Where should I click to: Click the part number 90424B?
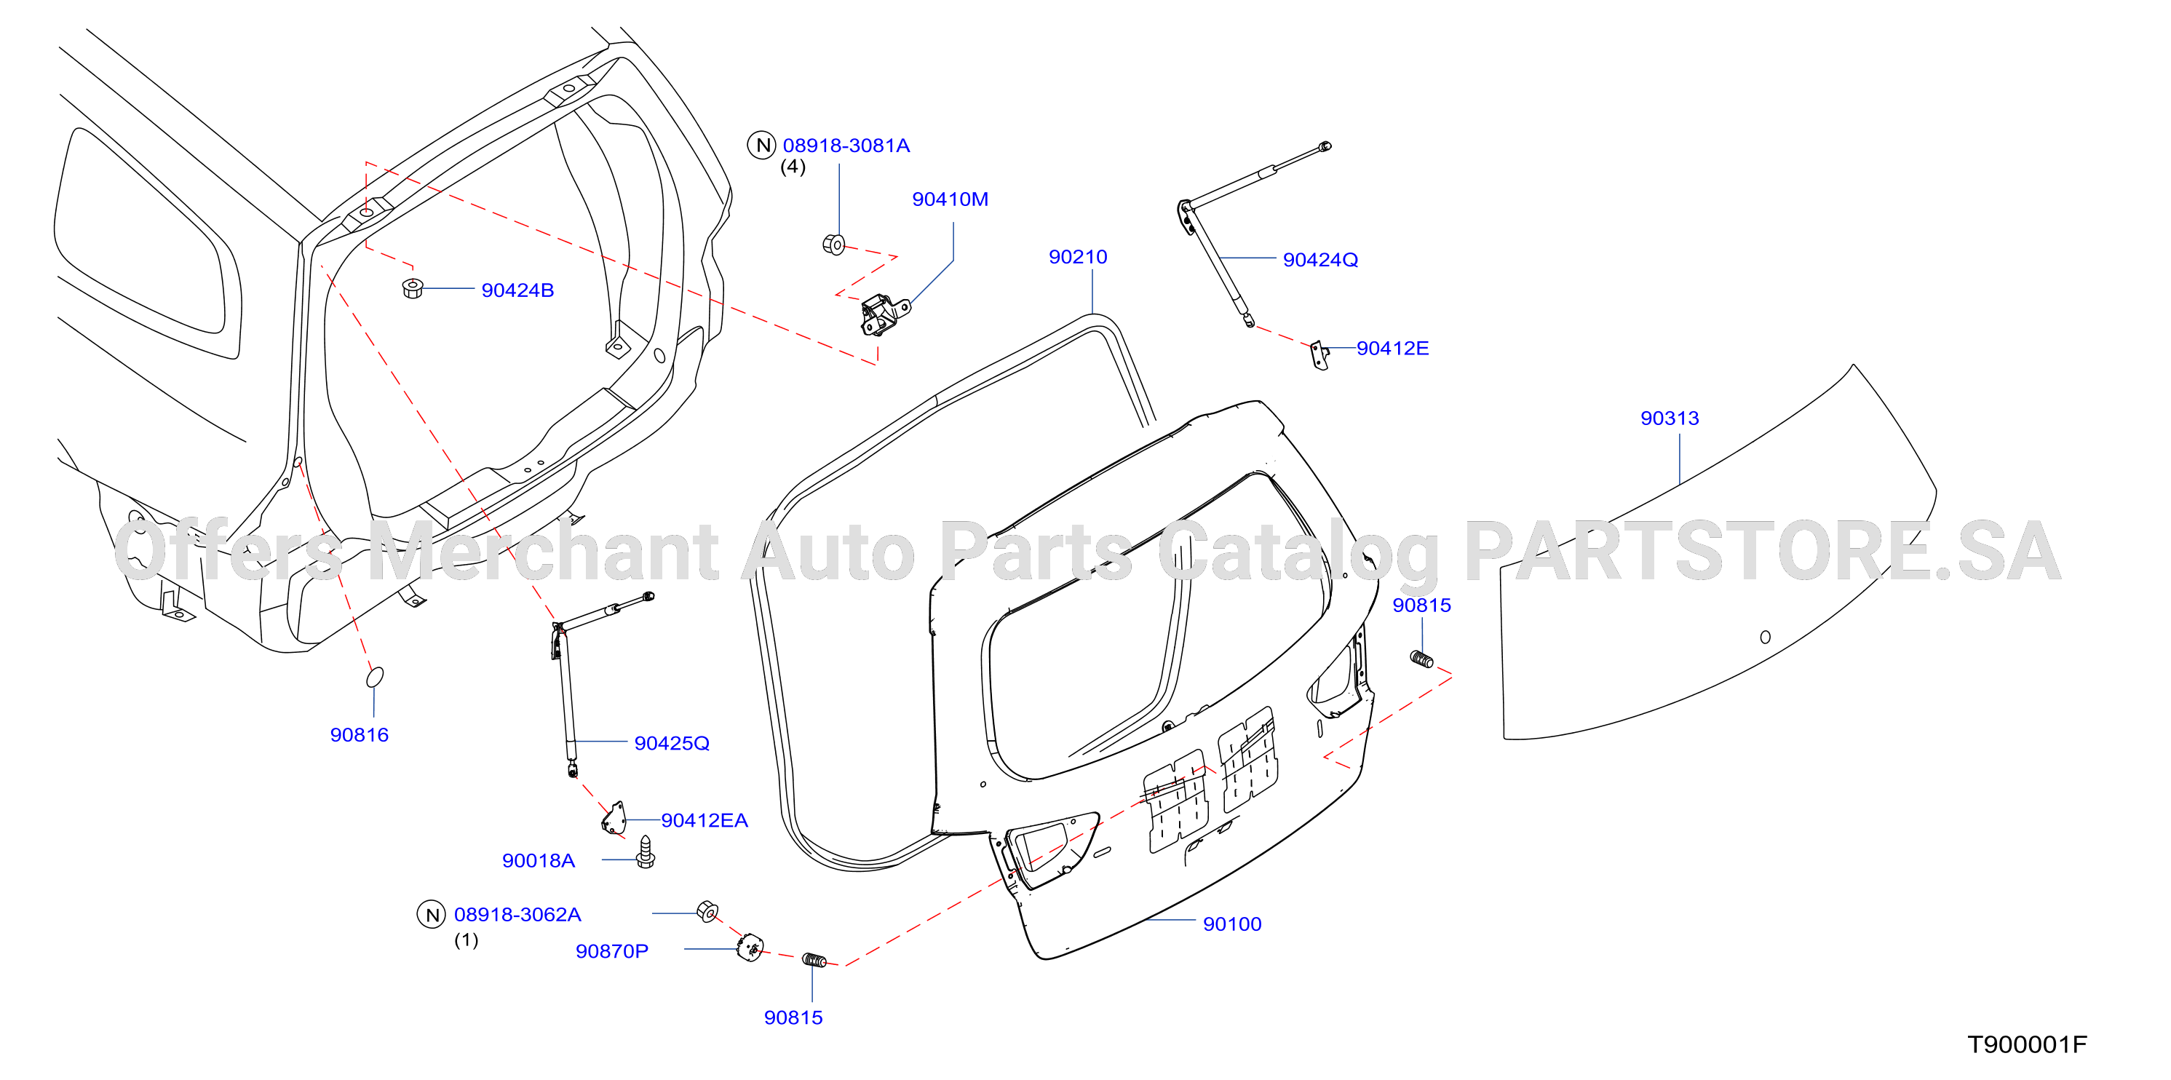coord(517,290)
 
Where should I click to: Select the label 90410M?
coord(950,199)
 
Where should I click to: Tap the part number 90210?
coord(1078,257)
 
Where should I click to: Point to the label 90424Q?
coord(1319,261)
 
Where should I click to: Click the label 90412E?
coord(1392,349)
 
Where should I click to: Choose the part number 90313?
coord(1670,418)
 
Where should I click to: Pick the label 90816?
coord(359,736)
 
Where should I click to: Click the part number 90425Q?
coord(672,744)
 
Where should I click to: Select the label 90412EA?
coord(704,820)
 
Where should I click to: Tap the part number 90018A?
coord(539,861)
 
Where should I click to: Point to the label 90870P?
coord(612,952)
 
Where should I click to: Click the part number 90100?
coord(1232,924)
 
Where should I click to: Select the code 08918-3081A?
coord(846,146)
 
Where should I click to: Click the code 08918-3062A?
coord(517,915)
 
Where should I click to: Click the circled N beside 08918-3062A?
coord(432,915)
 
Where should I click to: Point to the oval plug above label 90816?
coord(375,678)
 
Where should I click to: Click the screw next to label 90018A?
coord(646,851)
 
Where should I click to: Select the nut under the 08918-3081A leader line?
coord(833,245)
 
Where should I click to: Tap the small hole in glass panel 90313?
coord(1765,637)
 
